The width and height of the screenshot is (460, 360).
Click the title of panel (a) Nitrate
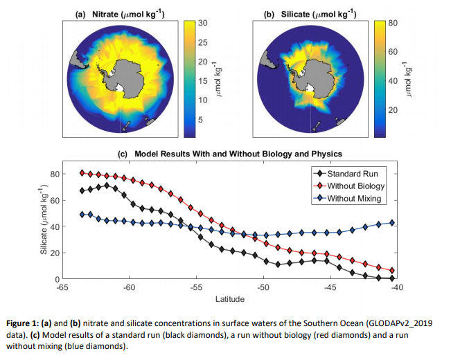[118, 13]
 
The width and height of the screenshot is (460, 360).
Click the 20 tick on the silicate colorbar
[393, 110]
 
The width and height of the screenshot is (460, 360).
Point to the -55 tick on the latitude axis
[196, 287]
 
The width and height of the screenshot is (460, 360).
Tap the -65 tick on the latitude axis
[62, 287]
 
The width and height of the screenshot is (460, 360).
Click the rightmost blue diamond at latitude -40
[392, 223]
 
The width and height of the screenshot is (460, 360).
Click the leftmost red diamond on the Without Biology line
[82, 173]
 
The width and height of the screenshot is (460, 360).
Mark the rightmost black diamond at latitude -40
[392, 278]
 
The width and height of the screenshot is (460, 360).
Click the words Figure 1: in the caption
[26, 323]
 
